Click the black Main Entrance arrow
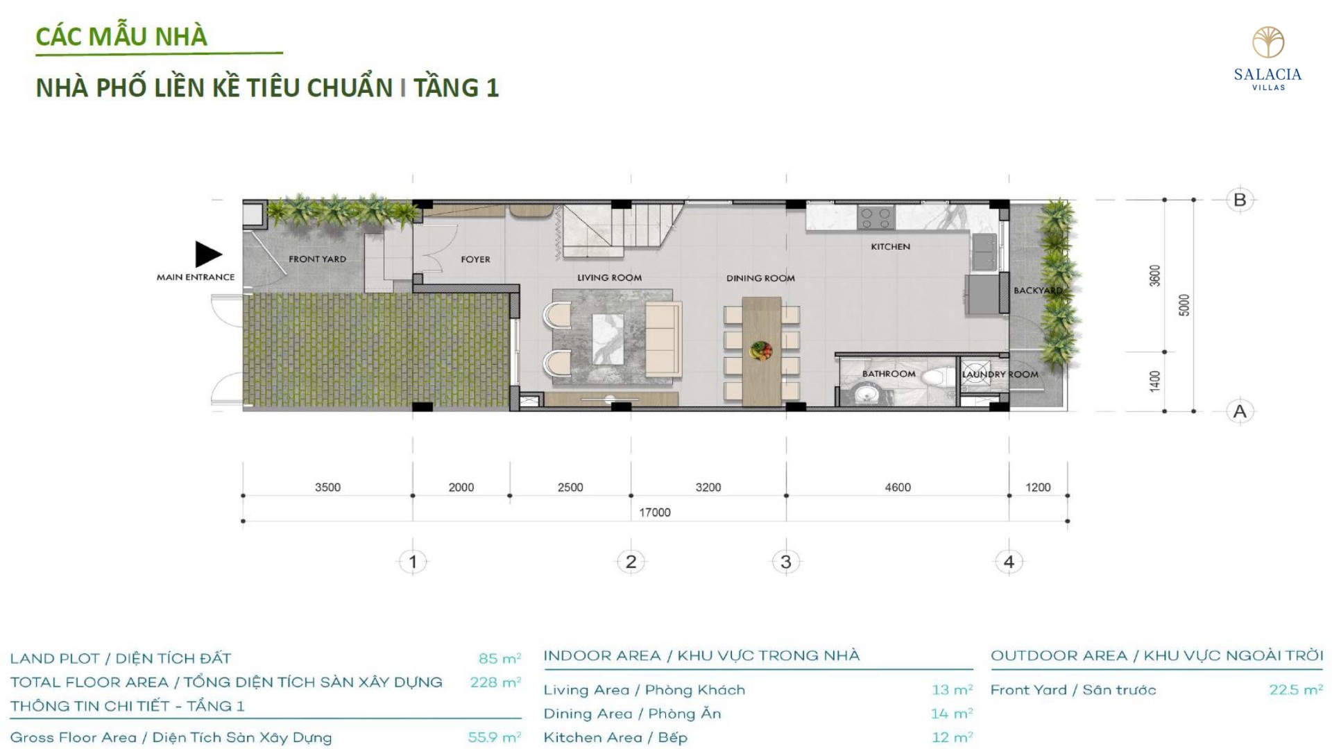pos(207,255)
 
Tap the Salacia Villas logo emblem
pos(1268,42)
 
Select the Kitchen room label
pos(890,247)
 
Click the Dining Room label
pos(760,278)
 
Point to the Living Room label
pos(609,278)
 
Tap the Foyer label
pos(475,259)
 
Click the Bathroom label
pos(889,374)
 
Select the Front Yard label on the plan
pos(317,259)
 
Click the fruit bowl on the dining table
pos(761,350)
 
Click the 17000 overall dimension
pos(655,513)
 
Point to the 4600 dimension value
pos(898,488)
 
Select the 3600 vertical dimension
pos(1154,275)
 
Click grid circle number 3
pos(786,562)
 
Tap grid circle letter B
pos(1240,200)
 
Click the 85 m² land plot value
pos(499,658)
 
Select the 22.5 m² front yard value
pos(1296,689)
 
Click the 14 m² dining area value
pos(952,713)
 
